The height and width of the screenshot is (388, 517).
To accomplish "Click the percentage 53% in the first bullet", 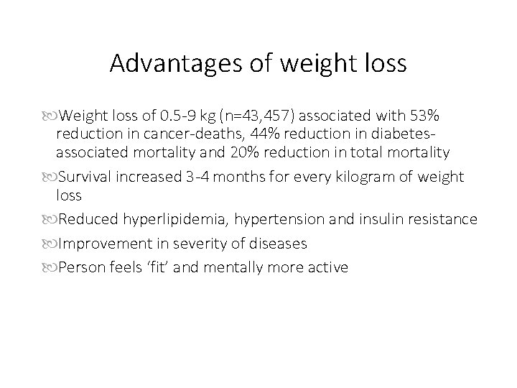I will pos(425,116).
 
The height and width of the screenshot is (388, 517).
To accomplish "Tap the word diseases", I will pos(278,244).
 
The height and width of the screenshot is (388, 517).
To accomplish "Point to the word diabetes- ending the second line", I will pos(409,134).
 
